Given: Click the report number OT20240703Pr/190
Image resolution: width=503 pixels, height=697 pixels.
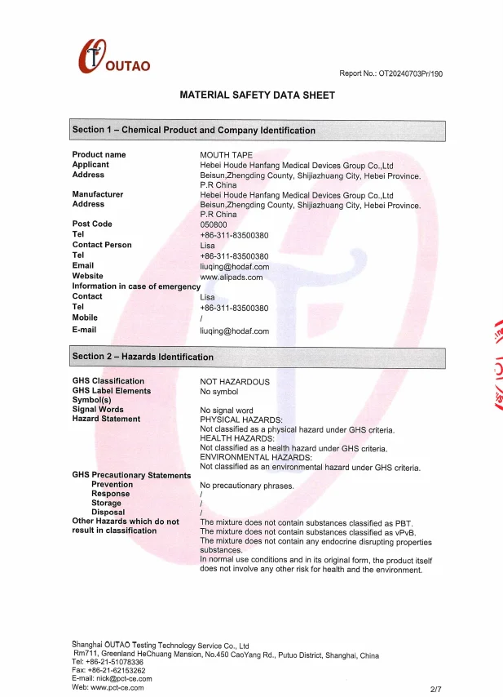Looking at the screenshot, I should pyautogui.click(x=390, y=73).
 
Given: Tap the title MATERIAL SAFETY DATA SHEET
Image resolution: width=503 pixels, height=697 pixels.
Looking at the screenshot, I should pyautogui.click(x=257, y=95).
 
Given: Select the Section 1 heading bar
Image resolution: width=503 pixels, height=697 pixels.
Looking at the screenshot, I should pyautogui.click(x=258, y=131).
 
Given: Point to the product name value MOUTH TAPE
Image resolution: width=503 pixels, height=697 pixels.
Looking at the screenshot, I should pyautogui.click(x=226, y=154).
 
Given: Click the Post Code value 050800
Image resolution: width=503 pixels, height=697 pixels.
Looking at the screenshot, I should pyautogui.click(x=214, y=224).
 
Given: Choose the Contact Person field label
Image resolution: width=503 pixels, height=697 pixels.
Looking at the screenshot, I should pyautogui.click(x=102, y=245).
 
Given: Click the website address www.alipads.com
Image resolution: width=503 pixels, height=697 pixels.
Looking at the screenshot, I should pyautogui.click(x=232, y=277).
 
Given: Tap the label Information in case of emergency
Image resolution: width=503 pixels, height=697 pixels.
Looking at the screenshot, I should pyautogui.click(x=136, y=286).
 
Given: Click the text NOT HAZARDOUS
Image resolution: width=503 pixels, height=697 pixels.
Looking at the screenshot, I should pyautogui.click(x=235, y=381).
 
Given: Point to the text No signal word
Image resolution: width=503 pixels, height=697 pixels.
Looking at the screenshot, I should pyautogui.click(x=227, y=410).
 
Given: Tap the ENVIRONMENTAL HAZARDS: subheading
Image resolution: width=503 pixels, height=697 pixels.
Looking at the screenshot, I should pyautogui.click(x=256, y=458).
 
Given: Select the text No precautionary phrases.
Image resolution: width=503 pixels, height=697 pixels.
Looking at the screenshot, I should pyautogui.click(x=246, y=486).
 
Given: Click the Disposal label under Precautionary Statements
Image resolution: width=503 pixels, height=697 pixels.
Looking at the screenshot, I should pyautogui.click(x=108, y=513).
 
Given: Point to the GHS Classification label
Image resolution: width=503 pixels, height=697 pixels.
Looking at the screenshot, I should pyautogui.click(x=108, y=381).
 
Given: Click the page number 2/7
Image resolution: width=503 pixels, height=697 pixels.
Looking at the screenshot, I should pyautogui.click(x=436, y=689).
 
